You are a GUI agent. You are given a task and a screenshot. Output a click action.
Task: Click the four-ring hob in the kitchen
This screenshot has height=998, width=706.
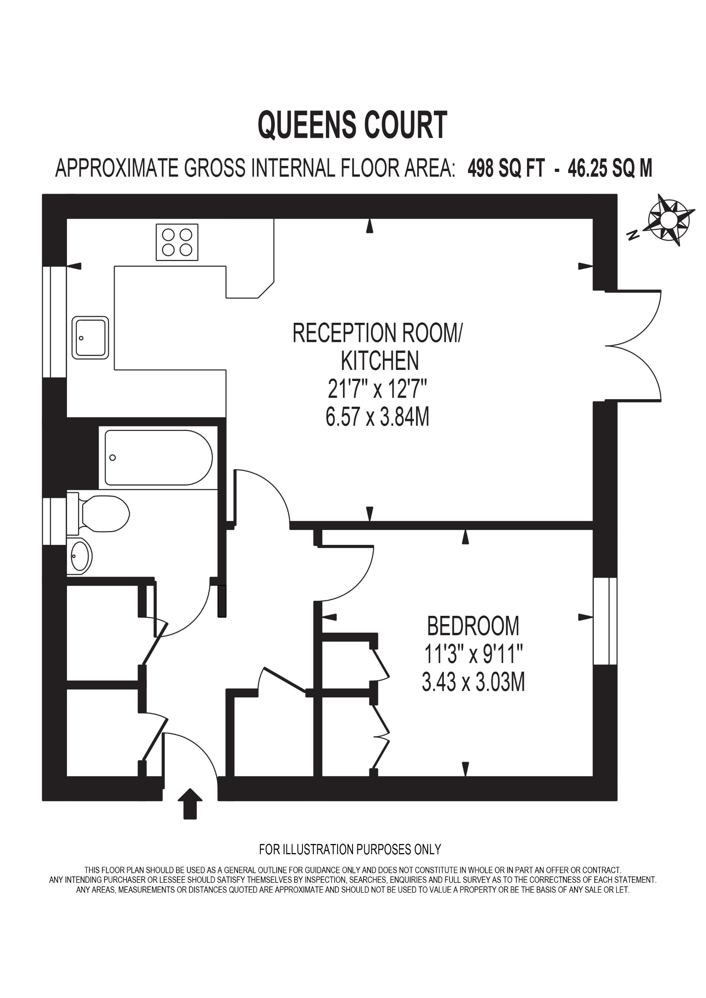tap(177, 242)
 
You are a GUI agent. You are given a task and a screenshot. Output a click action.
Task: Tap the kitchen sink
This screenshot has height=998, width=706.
tap(90, 338)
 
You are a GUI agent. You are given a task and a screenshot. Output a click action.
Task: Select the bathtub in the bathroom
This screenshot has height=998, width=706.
tap(158, 457)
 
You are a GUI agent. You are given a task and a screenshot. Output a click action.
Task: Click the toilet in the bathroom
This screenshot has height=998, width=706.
tap(103, 513)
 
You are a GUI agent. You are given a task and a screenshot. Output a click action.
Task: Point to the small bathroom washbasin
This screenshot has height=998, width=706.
tap(80, 556)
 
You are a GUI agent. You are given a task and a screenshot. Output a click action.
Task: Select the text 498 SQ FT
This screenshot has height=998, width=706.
tap(506, 169)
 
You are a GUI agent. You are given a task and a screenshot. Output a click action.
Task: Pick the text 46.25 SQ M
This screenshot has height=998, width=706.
tap(609, 169)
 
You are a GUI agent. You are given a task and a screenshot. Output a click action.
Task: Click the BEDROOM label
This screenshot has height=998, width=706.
tap(473, 626)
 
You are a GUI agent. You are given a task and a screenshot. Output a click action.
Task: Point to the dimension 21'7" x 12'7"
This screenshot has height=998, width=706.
tap(377, 389)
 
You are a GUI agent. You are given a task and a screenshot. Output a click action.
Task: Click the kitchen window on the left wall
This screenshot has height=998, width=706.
tap(54, 322)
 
